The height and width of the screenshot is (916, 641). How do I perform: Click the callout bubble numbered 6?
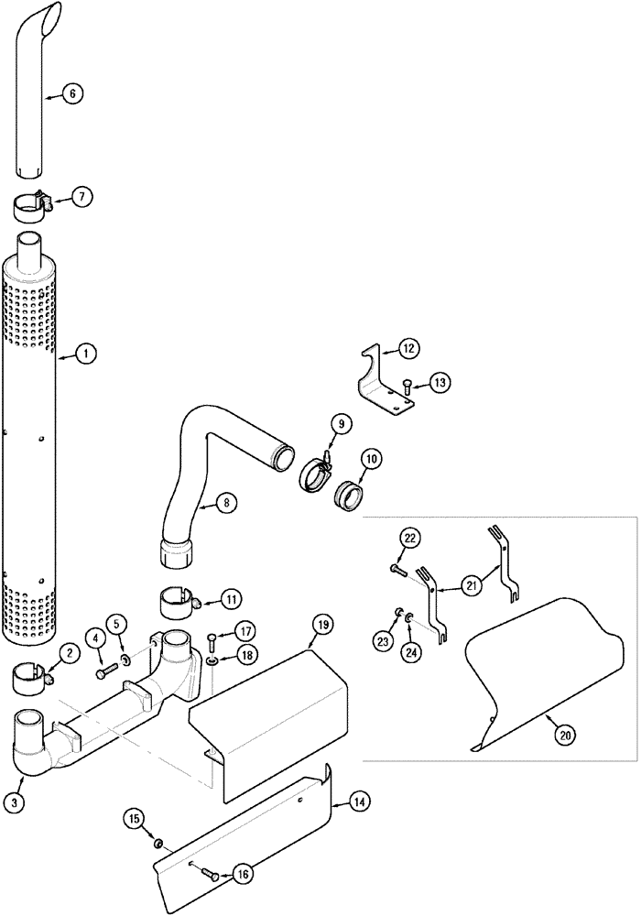click(73, 93)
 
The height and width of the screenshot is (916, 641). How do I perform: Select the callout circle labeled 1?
click(84, 352)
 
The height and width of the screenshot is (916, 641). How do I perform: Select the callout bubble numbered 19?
click(322, 625)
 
